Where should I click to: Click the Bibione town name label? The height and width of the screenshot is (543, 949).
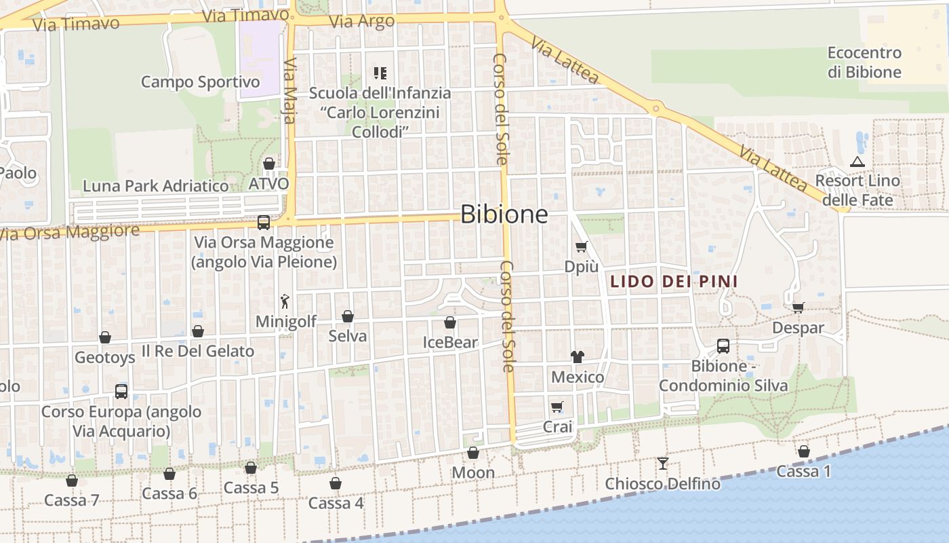coord(504,214)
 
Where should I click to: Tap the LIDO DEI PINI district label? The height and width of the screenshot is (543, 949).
coord(674,281)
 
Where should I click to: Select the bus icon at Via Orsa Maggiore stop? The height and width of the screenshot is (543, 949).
coord(264,222)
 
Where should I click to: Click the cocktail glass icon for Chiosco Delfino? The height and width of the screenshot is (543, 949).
coord(663,464)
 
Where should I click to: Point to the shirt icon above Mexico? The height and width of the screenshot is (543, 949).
coord(578,356)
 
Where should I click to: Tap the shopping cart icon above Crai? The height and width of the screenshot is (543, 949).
coord(557,407)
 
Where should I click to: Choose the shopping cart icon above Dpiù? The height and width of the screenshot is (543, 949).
coord(581,246)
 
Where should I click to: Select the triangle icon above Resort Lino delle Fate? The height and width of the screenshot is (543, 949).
coord(857,162)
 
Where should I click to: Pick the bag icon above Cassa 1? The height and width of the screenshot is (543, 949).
coord(804,451)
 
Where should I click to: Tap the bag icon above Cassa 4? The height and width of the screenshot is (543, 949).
coord(336,483)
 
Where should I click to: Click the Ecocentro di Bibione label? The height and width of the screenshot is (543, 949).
coord(864,62)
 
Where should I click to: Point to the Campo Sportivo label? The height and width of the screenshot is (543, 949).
coord(200,82)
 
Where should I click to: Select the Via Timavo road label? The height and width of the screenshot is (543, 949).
coord(76,24)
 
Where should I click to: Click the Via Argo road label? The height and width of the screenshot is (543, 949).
coord(361,21)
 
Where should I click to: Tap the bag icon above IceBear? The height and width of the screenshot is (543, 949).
coord(450,322)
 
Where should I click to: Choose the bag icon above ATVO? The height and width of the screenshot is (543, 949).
coord(269,164)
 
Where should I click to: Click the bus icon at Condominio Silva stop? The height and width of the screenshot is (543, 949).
coord(723,346)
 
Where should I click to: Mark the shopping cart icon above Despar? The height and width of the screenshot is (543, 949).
coord(799,307)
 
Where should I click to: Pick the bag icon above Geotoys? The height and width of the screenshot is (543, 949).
coord(105,337)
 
